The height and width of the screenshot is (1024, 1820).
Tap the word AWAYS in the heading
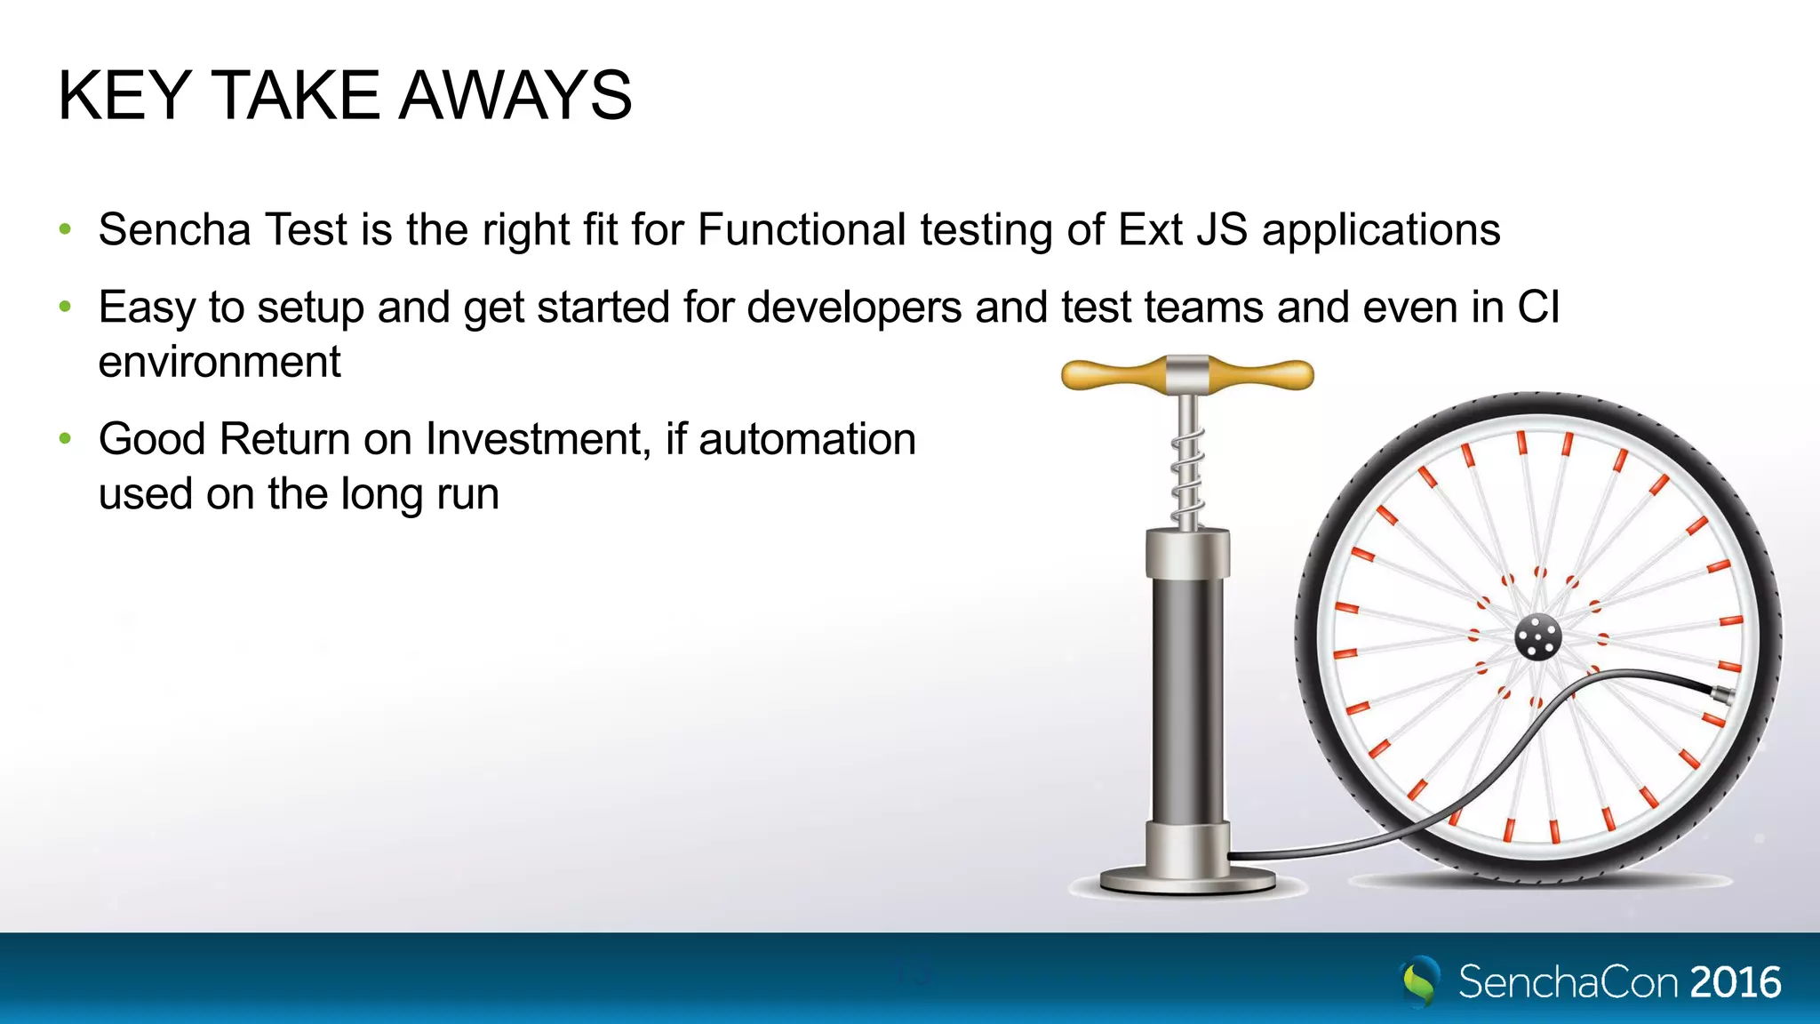(515, 95)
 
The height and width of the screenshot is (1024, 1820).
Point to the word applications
(1381, 231)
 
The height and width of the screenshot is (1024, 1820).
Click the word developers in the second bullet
(854, 308)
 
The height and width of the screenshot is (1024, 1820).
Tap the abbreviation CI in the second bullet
(1538, 308)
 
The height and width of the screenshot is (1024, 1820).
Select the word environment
(220, 363)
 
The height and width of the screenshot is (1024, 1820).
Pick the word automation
(807, 439)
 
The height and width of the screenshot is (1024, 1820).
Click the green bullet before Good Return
(65, 438)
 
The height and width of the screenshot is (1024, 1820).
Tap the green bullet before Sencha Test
(65, 229)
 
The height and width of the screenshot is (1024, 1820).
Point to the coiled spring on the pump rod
(1187, 476)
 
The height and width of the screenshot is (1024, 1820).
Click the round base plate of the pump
(1187, 882)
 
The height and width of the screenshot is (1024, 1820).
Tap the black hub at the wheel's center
(1537, 637)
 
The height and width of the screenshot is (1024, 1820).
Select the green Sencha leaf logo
(1420, 980)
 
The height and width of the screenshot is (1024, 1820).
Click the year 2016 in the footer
(1735, 982)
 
